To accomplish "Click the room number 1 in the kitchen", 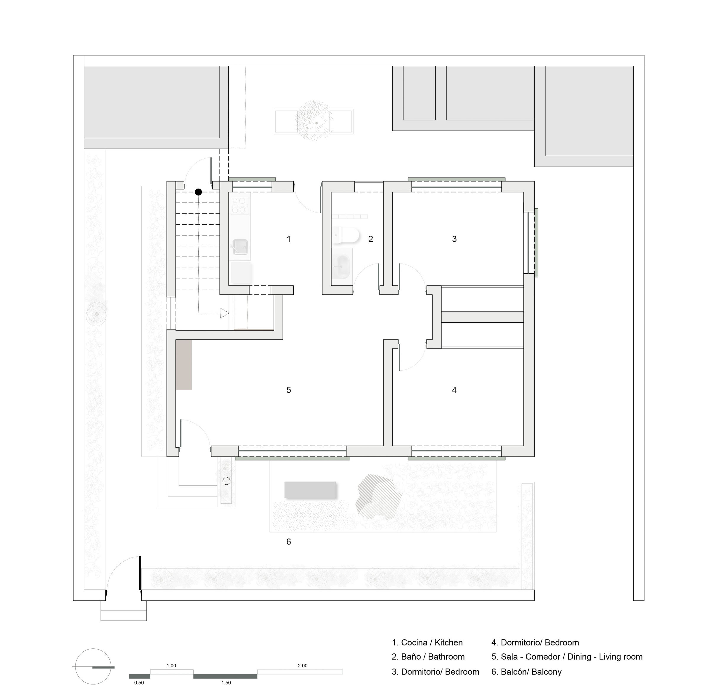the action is pos(289,239).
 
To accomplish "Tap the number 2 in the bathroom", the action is pos(371,239).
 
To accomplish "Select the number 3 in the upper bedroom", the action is pos(454,239).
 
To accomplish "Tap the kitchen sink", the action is pos(240,247).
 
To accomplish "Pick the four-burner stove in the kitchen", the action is pos(240,205).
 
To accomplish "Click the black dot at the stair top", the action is pos(198,192).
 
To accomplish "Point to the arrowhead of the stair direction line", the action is pos(225,313).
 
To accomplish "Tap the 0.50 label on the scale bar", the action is pos(139,682).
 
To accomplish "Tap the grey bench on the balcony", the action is pos(310,489).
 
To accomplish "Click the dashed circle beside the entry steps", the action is pos(226,481).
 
